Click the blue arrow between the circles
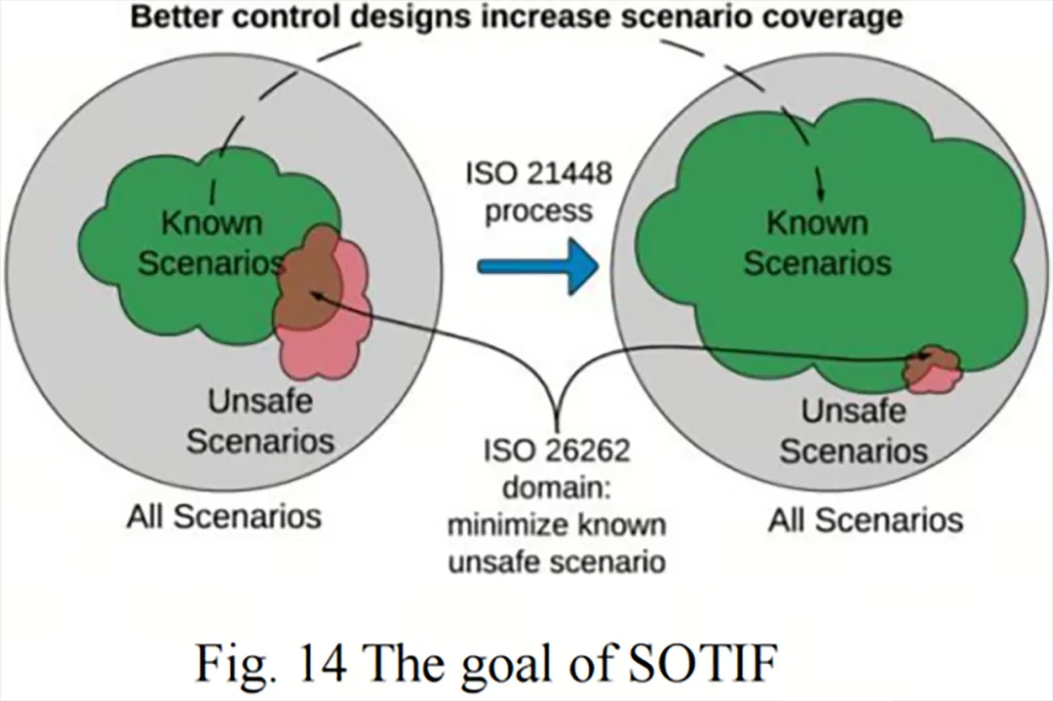(537, 266)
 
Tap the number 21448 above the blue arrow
(568, 174)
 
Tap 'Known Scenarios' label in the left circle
(212, 243)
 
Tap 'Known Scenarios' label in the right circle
(817, 243)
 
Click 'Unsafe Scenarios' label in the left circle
(260, 421)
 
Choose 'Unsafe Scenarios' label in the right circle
(853, 430)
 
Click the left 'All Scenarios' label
(224, 517)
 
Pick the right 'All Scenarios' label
(866, 520)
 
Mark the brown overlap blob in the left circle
(308, 279)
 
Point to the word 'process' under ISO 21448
(538, 213)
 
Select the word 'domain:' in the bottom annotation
(557, 487)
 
